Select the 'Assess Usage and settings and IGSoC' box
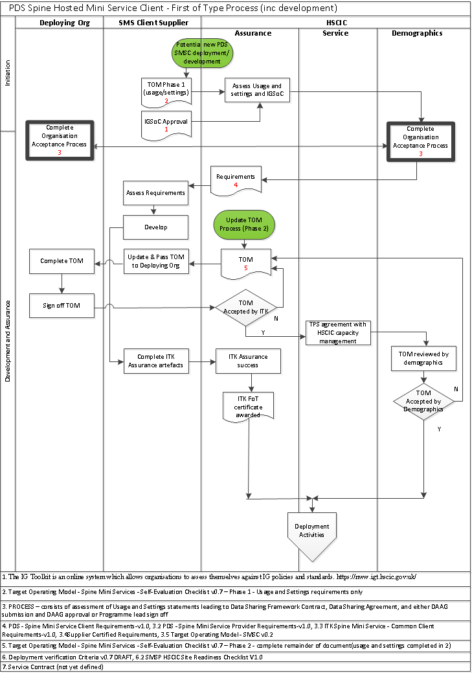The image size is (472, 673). point(258,90)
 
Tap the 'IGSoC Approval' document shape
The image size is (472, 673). point(166,124)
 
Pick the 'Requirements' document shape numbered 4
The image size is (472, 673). point(236,179)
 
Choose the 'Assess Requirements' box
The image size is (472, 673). point(156,192)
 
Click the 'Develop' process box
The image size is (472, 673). point(156,227)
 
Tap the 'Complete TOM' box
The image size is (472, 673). point(62,261)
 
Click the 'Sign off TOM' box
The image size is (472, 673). point(62,305)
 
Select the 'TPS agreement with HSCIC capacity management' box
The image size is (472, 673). point(337,332)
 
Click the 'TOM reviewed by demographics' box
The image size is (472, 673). point(424,358)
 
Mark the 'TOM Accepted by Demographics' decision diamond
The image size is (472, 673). point(423,401)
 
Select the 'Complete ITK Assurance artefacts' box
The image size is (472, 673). point(156,361)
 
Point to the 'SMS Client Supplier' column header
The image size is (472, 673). point(153,23)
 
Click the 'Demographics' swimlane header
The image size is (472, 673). point(417,32)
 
